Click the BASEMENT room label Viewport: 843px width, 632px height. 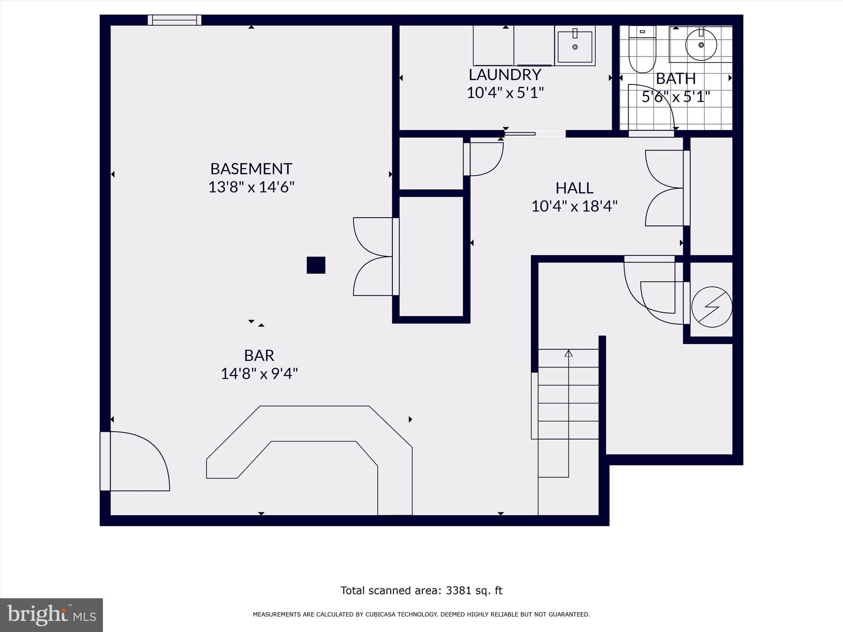pyautogui.click(x=251, y=169)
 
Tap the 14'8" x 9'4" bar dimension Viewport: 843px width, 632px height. pyautogui.click(x=259, y=374)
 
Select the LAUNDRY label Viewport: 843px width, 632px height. pyautogui.click(x=505, y=75)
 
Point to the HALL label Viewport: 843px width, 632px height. pyautogui.click(x=574, y=188)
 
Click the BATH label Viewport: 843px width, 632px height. pyautogui.click(x=675, y=78)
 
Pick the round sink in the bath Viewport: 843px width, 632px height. pyautogui.click(x=701, y=45)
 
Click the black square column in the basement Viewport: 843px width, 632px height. pyautogui.click(x=316, y=265)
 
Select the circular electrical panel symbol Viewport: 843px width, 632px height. pyautogui.click(x=712, y=307)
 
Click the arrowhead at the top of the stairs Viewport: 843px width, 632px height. pyautogui.click(x=568, y=353)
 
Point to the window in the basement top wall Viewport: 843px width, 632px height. pyautogui.click(x=175, y=20)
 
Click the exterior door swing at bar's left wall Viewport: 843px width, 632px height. pyautogui.click(x=138, y=461)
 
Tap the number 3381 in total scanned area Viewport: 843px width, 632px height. pyautogui.click(x=458, y=590)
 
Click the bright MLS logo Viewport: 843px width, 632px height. pyautogui.click(x=51, y=615)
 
